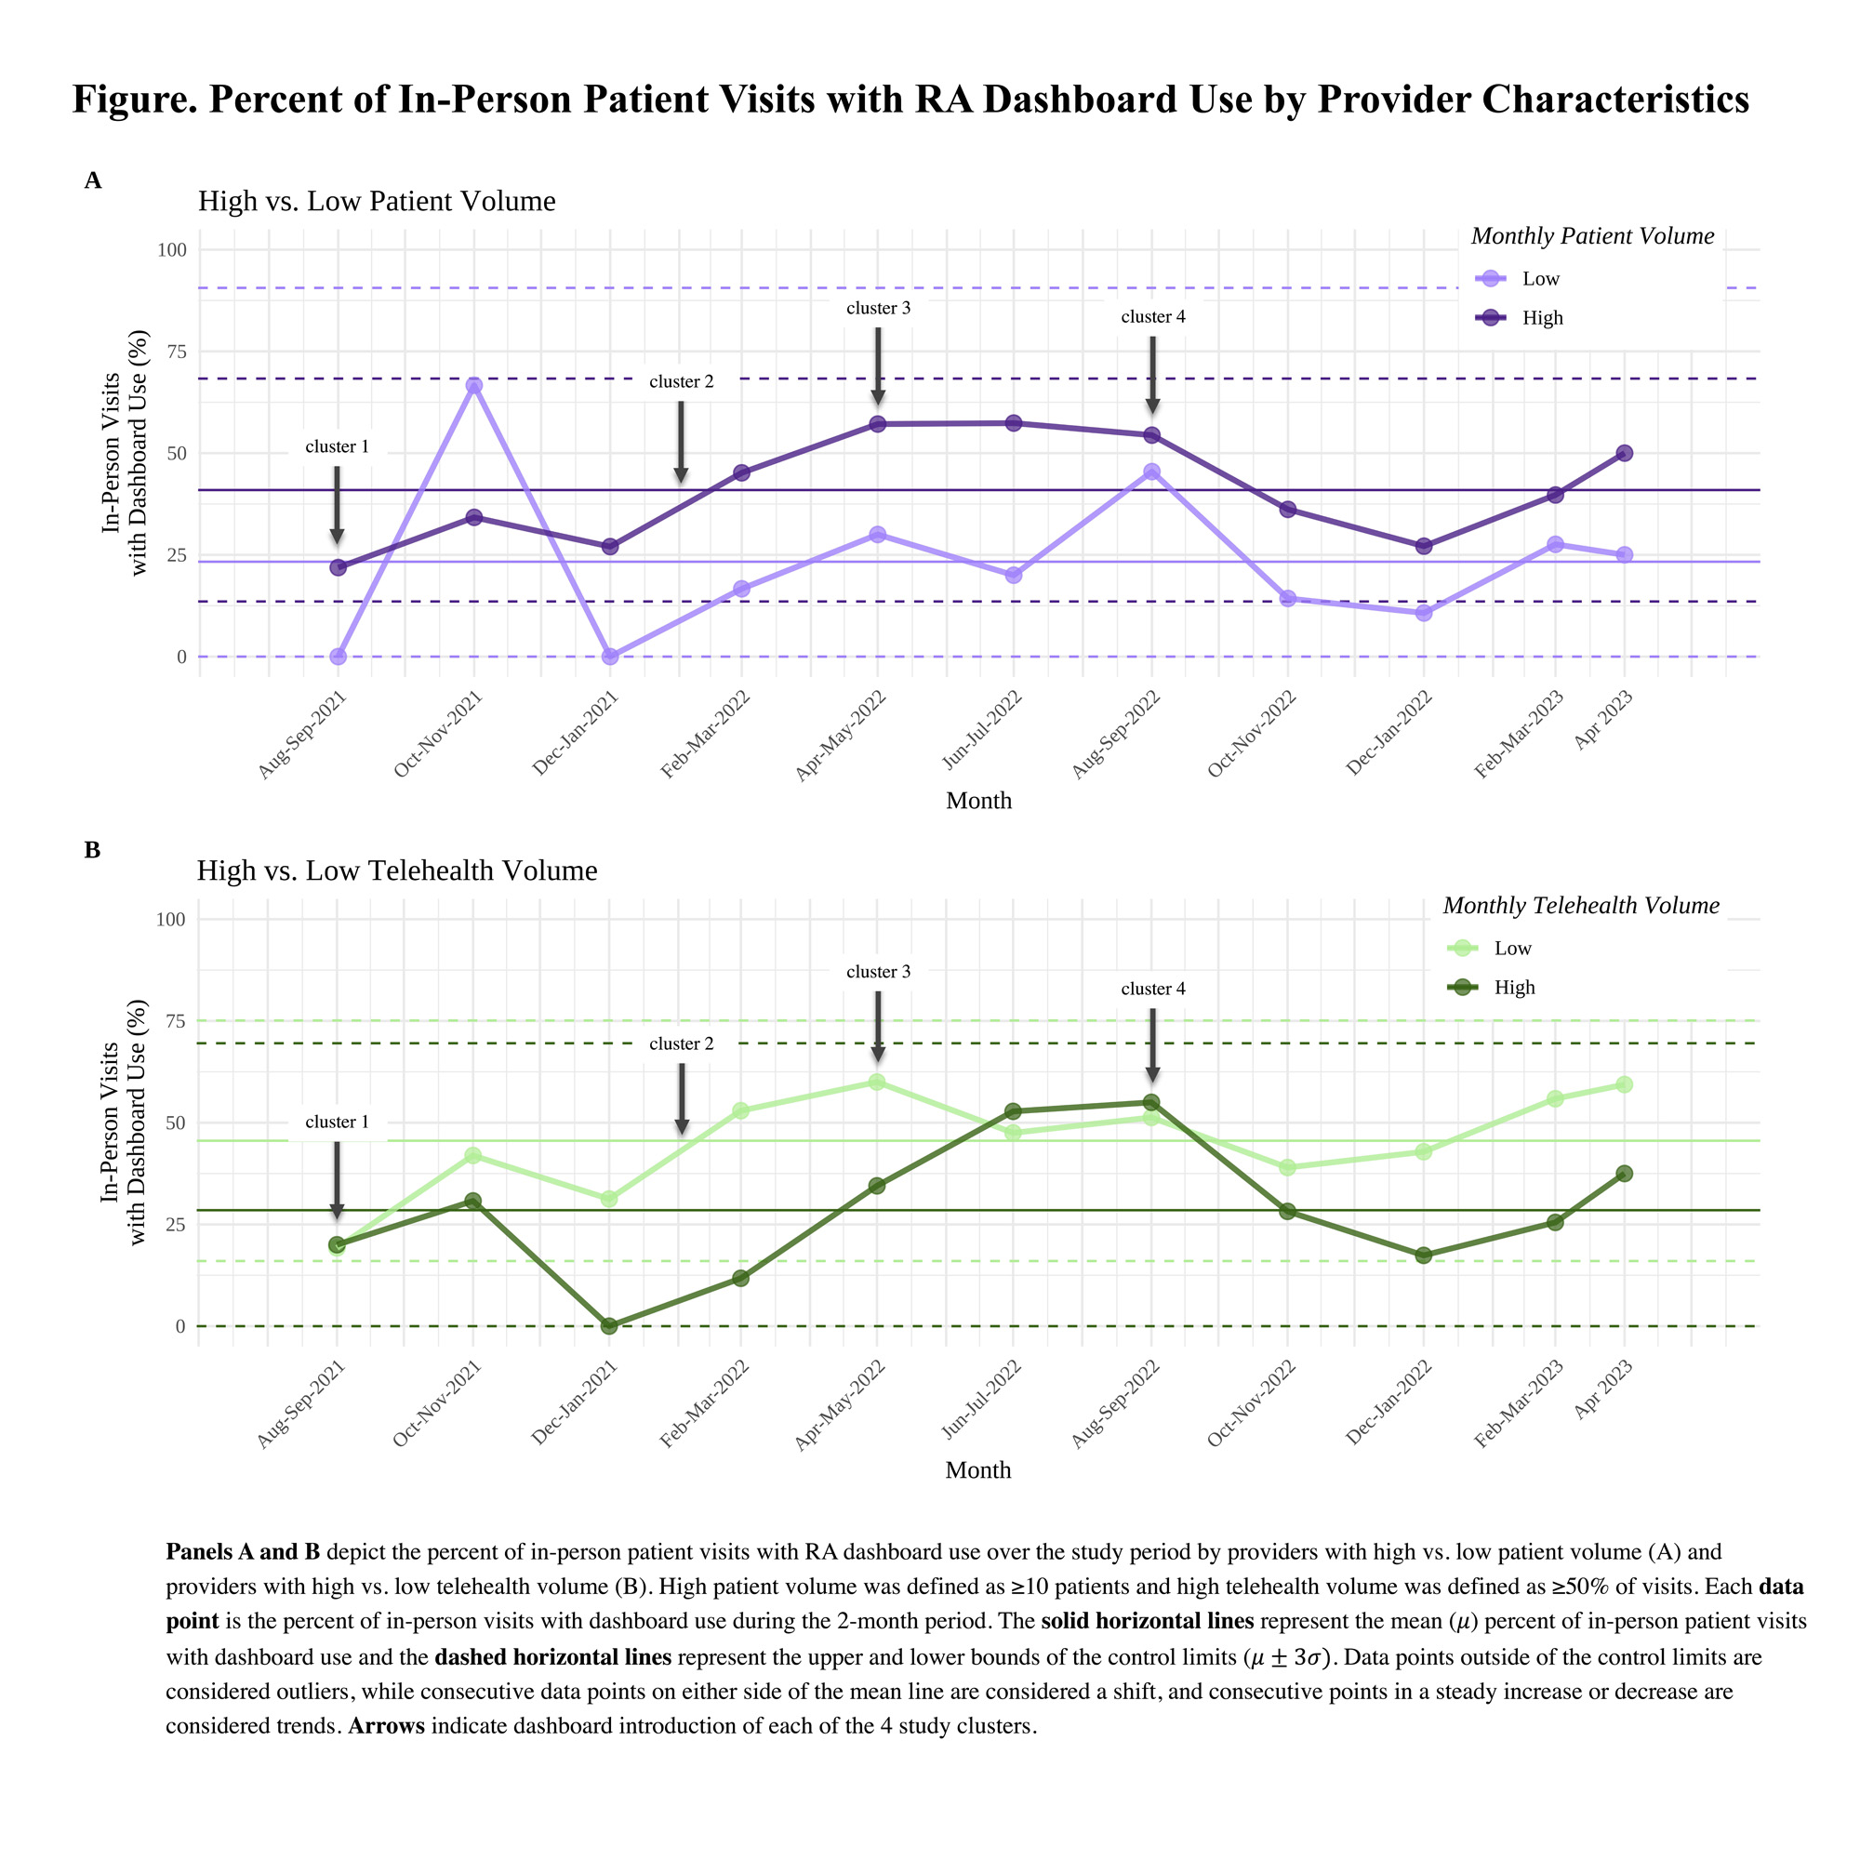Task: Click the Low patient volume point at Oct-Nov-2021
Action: pyautogui.click(x=473, y=386)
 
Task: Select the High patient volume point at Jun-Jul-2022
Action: pyautogui.click(x=1014, y=423)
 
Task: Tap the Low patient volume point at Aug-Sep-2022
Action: pyautogui.click(x=1151, y=472)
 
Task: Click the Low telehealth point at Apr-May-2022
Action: pyautogui.click(x=877, y=1082)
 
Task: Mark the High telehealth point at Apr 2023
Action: pyautogui.click(x=1624, y=1174)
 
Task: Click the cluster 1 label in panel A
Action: pyautogui.click(x=337, y=446)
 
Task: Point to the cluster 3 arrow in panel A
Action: pyautogui.click(x=878, y=365)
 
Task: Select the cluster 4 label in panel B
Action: pyautogui.click(x=1152, y=989)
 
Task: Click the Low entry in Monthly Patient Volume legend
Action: pyautogui.click(x=1539, y=279)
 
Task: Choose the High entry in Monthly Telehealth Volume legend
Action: pyautogui.click(x=1513, y=988)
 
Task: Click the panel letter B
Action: pyautogui.click(x=92, y=850)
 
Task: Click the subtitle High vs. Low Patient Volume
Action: pyautogui.click(x=377, y=201)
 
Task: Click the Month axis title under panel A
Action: pyautogui.click(x=978, y=801)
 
